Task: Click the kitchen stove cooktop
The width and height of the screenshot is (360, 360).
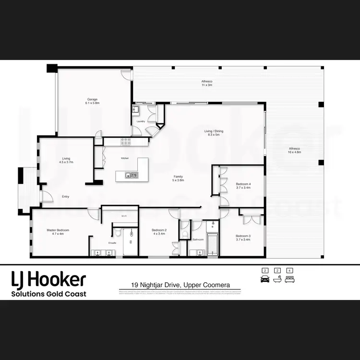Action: (x=126, y=142)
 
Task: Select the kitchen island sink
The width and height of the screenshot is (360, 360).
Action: (x=128, y=175)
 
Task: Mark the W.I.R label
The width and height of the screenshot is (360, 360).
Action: (x=124, y=216)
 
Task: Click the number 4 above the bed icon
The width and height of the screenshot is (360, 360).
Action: (x=289, y=271)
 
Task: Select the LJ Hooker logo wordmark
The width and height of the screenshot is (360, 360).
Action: (x=48, y=279)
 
